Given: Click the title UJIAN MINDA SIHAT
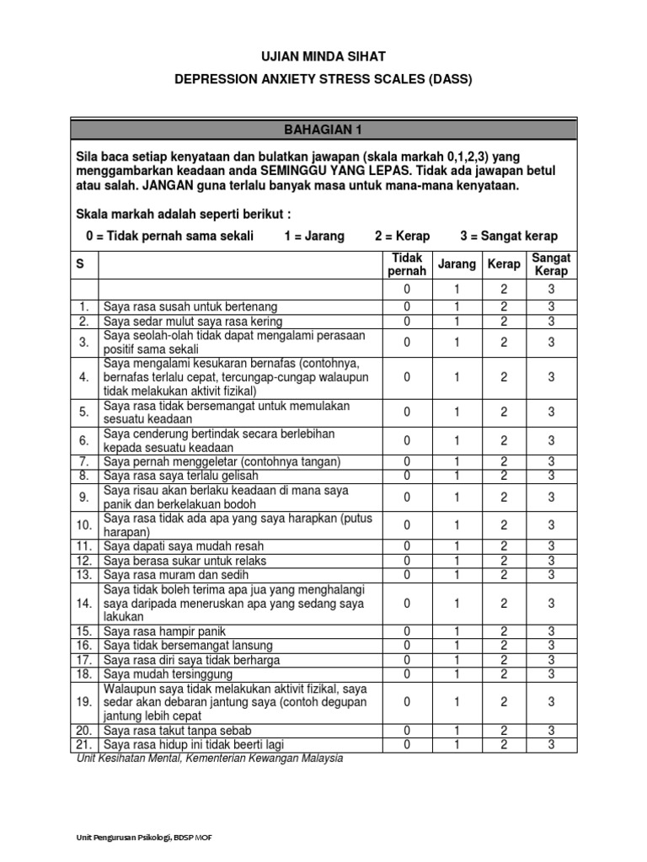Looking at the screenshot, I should tap(323, 56).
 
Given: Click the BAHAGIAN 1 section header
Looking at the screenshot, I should tap(323, 130).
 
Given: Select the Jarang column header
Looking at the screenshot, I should tap(456, 264).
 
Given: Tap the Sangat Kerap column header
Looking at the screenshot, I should tap(552, 264).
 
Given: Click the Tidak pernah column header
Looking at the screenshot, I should tap(407, 264).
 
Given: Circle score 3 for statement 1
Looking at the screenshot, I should tap(552, 306).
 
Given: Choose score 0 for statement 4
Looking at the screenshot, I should tap(407, 377).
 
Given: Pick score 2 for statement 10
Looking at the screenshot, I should tap(504, 525).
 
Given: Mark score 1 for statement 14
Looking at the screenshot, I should tap(456, 603).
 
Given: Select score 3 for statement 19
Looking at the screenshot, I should tap(552, 701).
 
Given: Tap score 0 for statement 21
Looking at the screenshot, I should tap(407, 744).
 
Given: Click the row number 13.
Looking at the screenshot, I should tap(84, 574).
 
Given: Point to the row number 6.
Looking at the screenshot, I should tap(84, 440).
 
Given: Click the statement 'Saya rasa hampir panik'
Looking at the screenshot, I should tap(165, 631).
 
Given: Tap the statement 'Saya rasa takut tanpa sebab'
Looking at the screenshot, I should tap(178, 731).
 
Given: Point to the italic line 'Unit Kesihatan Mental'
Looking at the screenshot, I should tap(209, 758).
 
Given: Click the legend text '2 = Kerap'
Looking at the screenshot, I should tap(403, 236).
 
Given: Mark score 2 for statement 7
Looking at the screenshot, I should tap(504, 461).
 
